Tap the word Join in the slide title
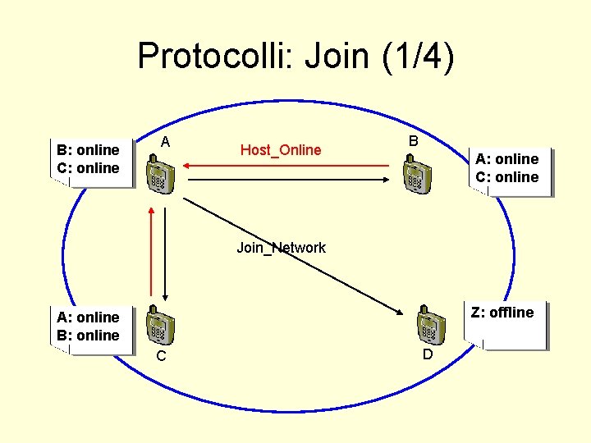pyautogui.click(x=338, y=57)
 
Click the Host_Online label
pyautogui.click(x=281, y=149)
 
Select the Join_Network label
pyautogui.click(x=281, y=247)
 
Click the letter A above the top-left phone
pyautogui.click(x=165, y=142)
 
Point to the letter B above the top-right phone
pyautogui.click(x=414, y=141)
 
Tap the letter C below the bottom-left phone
pyautogui.click(x=162, y=356)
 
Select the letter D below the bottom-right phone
pyautogui.click(x=427, y=354)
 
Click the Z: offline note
pyautogui.click(x=502, y=313)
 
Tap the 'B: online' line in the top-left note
pyautogui.click(x=88, y=149)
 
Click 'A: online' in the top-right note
pyautogui.click(x=507, y=159)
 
